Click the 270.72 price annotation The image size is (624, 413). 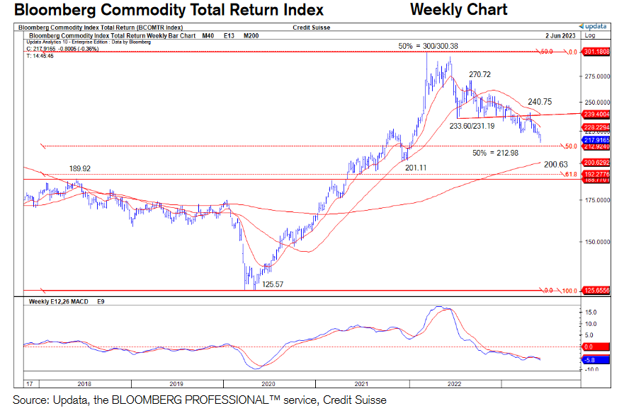coord(480,74)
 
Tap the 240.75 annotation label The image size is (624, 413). coord(540,101)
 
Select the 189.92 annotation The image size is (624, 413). coord(81,168)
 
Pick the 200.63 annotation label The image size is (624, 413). coord(556,164)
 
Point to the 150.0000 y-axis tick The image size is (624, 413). coord(596,241)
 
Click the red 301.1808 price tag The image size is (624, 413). coord(596,52)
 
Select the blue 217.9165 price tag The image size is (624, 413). coord(596,141)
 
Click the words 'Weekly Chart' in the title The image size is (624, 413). coord(458,10)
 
